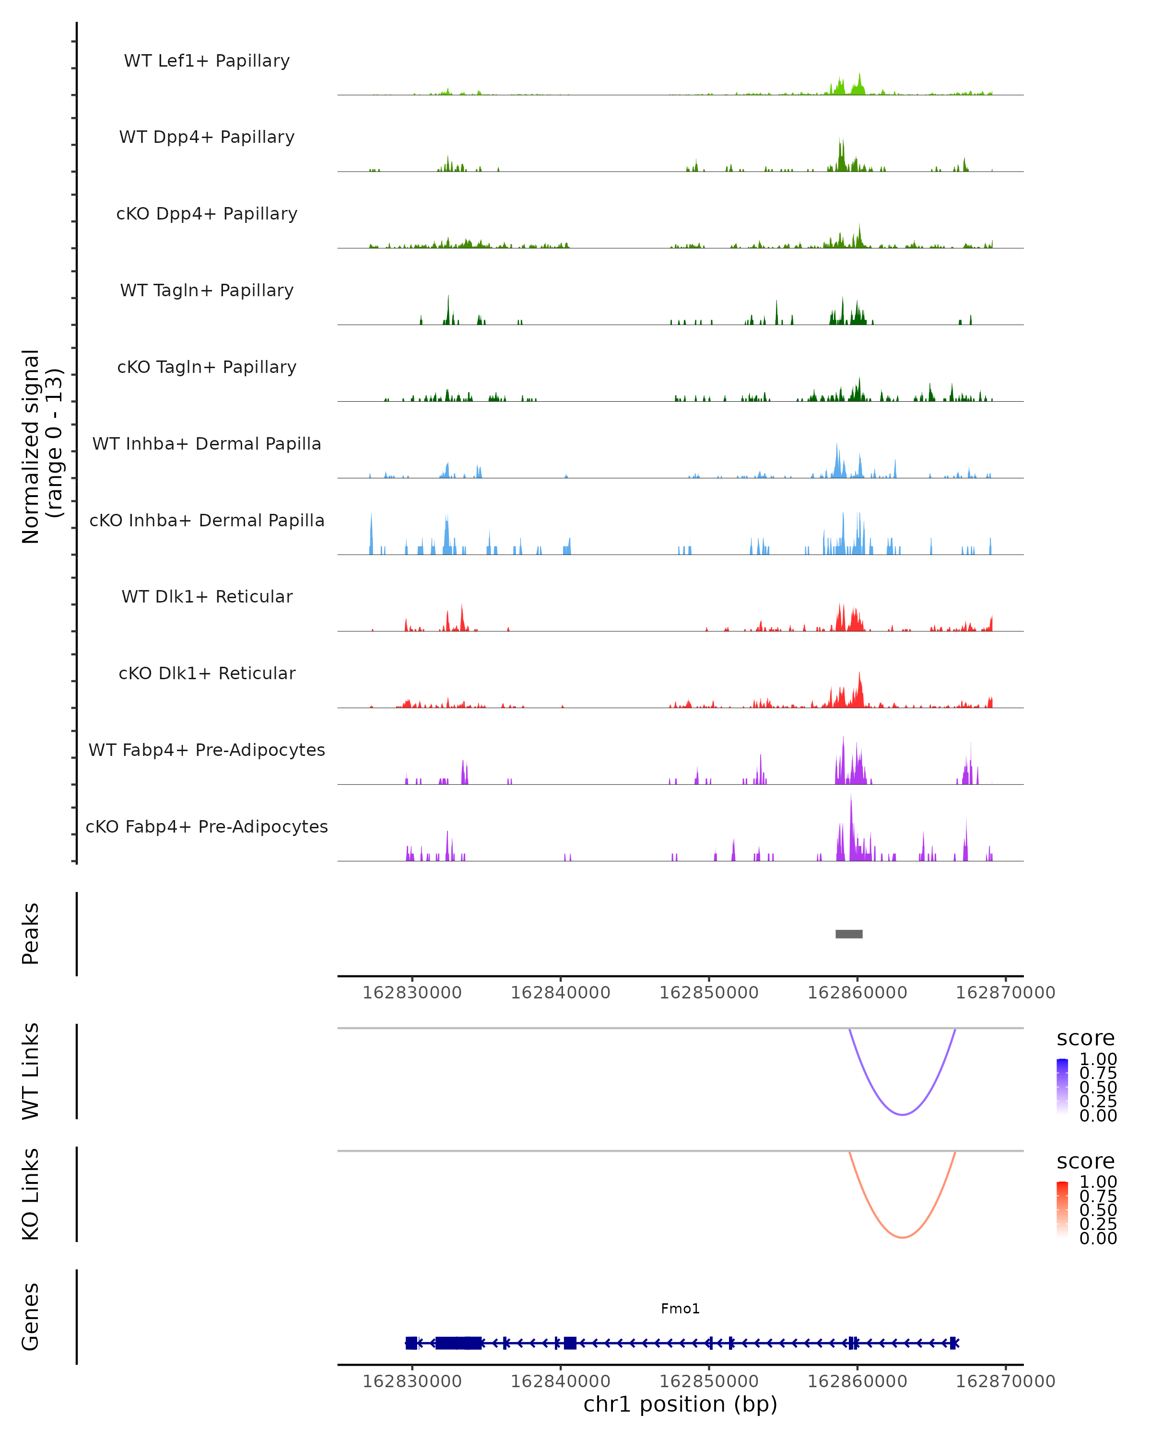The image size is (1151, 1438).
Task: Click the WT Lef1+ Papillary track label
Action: click(x=207, y=61)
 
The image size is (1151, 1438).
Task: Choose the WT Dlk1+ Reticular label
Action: click(x=207, y=596)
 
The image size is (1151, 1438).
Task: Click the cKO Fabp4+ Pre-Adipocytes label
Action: click(x=207, y=826)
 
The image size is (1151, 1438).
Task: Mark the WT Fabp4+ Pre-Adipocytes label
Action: click(x=207, y=750)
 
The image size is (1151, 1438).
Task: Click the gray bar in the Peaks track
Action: click(x=849, y=934)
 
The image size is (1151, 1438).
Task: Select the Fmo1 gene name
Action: click(x=680, y=1309)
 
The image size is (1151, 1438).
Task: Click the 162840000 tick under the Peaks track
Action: click(x=561, y=993)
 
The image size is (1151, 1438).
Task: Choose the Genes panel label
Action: click(x=31, y=1317)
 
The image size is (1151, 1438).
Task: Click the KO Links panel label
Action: click(x=31, y=1194)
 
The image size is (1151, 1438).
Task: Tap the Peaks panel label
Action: click(x=31, y=934)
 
